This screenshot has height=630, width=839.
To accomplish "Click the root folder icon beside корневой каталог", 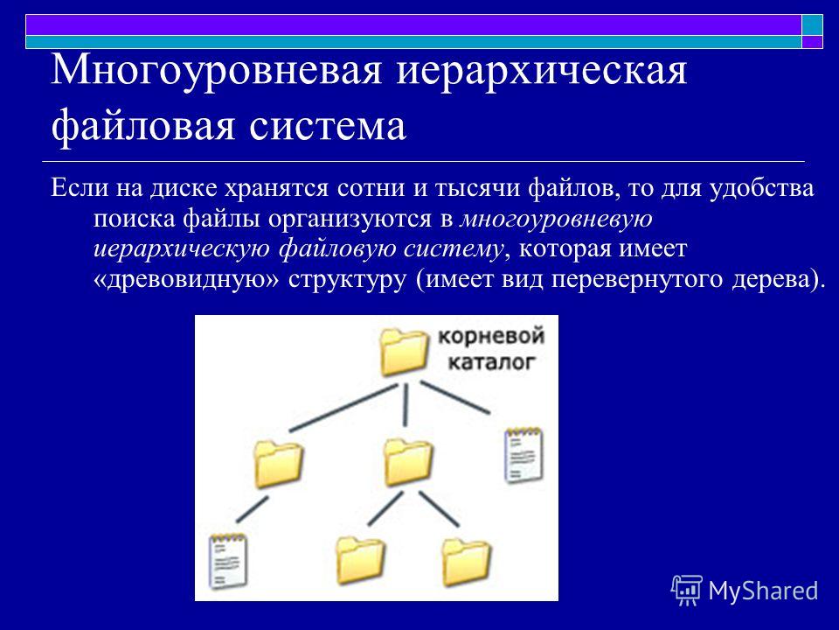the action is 404,352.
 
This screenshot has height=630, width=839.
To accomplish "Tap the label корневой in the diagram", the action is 491,336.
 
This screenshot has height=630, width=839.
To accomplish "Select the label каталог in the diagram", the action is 491,362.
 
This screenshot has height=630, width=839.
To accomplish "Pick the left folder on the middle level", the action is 278,464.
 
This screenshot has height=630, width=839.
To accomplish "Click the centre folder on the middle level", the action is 408,462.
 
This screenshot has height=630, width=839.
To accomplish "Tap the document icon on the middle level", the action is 523,455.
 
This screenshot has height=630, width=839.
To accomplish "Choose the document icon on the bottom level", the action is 227,561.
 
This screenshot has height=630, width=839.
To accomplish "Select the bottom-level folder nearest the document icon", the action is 360,560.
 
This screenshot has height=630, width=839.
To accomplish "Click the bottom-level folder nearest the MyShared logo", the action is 466,562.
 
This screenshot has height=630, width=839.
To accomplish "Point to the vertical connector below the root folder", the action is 406,404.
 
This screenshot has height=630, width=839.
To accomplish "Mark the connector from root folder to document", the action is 454,397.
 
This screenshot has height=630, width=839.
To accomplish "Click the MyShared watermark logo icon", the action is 687,590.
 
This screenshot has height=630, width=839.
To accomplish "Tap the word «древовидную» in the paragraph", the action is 186,279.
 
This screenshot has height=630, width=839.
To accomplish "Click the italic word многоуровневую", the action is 557,220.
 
